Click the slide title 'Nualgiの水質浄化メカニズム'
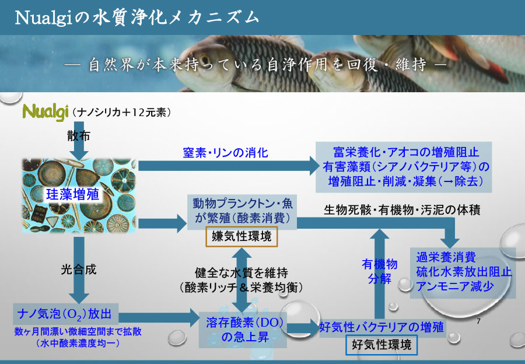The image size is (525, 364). [136, 18]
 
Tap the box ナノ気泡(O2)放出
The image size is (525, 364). [66, 316]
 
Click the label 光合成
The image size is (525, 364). [78, 270]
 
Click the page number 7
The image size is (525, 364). [478, 321]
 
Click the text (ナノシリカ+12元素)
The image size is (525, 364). [121, 111]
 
